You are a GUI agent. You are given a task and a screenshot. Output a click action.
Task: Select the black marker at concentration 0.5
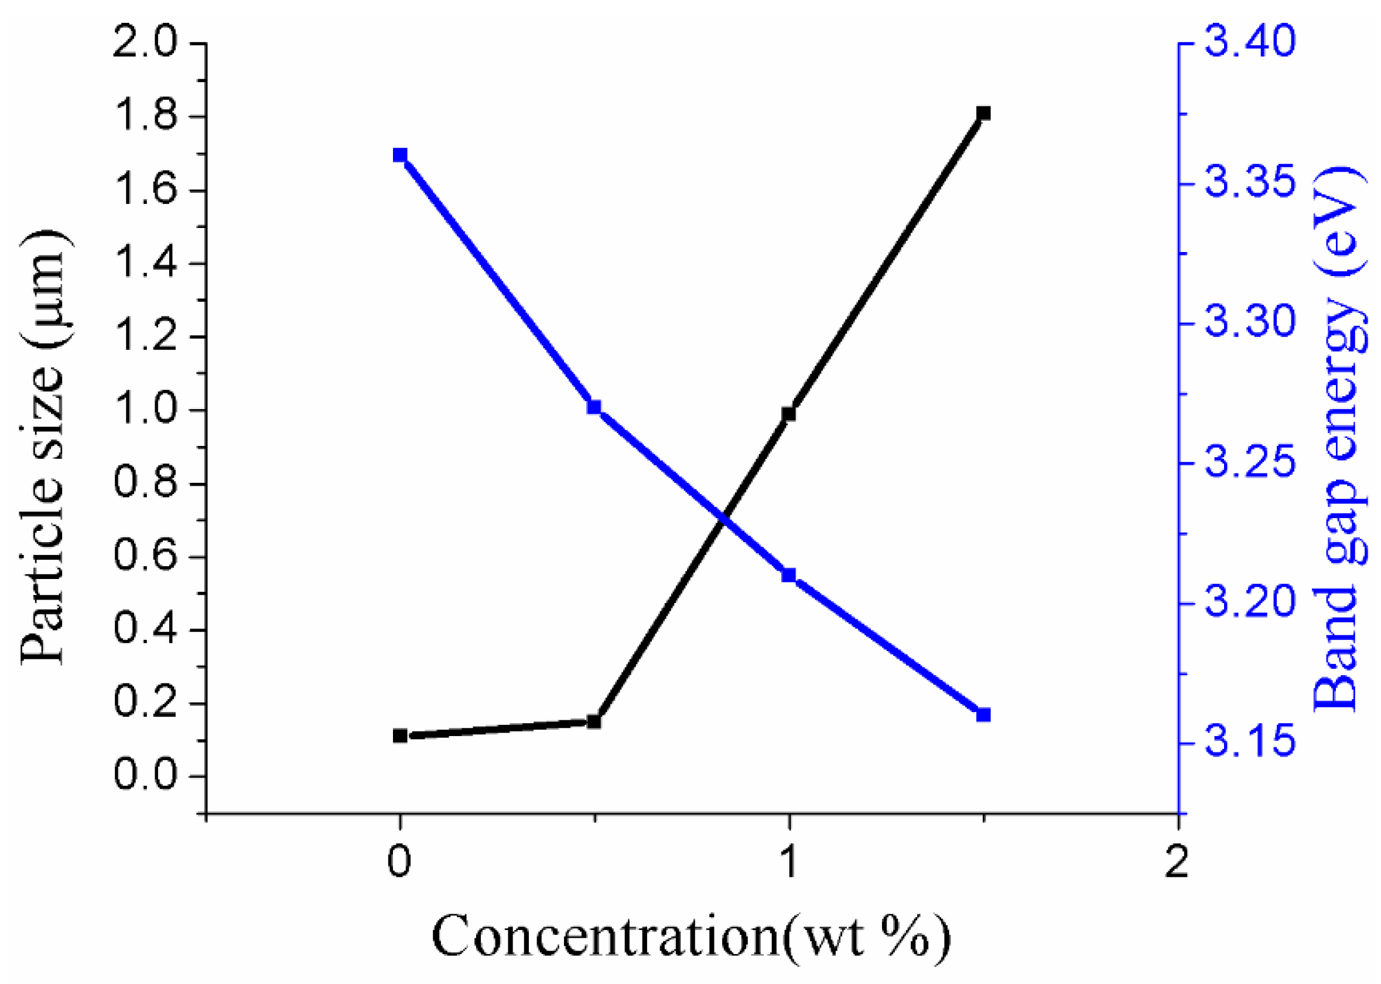tap(594, 721)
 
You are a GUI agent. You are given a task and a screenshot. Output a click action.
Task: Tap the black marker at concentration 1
tap(788, 414)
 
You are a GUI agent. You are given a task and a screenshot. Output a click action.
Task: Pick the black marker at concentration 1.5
tap(983, 113)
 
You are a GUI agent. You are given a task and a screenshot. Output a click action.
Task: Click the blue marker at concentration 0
tap(399, 155)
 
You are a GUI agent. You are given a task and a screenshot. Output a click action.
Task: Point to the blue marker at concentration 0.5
tap(594, 407)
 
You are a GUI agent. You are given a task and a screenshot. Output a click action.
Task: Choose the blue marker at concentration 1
tap(788, 575)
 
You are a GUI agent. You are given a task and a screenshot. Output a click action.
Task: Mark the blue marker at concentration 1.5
tap(983, 715)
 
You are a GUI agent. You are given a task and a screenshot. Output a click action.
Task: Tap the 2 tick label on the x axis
tap(1177, 861)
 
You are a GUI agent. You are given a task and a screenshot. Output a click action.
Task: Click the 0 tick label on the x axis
tap(399, 861)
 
